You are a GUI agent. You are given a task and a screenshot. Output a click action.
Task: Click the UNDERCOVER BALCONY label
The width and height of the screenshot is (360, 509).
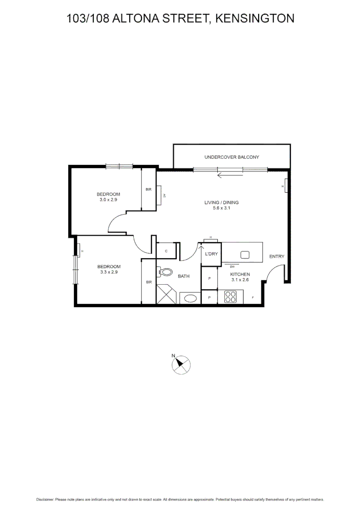coord(231,157)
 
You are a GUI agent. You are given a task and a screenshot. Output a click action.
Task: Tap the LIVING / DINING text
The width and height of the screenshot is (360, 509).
coord(221,203)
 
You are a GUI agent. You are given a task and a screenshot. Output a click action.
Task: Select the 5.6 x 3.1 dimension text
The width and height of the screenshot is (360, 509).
coord(221,208)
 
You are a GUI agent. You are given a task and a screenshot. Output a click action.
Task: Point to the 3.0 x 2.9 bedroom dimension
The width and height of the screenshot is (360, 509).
coord(108,200)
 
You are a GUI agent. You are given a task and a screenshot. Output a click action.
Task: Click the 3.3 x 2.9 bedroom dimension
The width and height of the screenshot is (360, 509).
coord(108,272)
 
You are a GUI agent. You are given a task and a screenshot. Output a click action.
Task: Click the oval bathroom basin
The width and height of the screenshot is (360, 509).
coord(190,298)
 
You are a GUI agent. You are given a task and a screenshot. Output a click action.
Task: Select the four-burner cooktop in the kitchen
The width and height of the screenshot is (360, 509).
coord(231,297)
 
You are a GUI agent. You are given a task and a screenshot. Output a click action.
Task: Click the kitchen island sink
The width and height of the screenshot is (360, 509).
coord(245,255)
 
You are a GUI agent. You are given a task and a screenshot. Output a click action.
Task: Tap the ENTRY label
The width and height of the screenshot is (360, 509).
coord(277,256)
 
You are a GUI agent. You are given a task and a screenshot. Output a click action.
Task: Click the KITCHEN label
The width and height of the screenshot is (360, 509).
coord(239,274)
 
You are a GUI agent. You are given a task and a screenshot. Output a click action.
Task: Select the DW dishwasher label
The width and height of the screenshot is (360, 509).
coord(232,266)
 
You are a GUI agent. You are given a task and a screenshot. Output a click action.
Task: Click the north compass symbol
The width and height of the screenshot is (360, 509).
coord(180,364)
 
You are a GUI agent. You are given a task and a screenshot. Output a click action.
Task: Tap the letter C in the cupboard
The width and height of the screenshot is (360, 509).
coord(166,251)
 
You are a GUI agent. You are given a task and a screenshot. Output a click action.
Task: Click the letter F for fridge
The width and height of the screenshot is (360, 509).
coord(253,298)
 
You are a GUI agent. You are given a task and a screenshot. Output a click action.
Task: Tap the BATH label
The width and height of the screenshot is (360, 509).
coord(183,276)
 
